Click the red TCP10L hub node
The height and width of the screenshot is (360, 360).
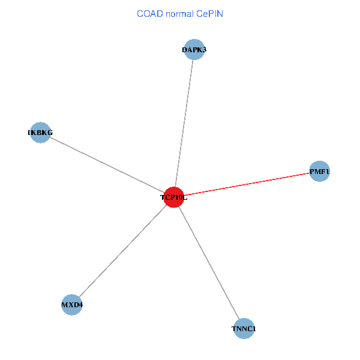(x=173, y=197)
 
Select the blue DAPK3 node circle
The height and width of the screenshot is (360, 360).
(x=194, y=50)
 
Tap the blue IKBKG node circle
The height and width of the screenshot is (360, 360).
(x=40, y=132)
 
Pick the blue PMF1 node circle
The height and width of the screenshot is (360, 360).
(x=319, y=172)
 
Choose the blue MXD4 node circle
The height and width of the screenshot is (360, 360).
(x=72, y=305)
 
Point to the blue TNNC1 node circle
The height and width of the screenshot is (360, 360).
(x=244, y=328)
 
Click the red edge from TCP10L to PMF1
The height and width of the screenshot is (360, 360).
(x=246, y=184)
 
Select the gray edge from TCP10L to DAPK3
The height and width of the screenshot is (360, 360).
(x=184, y=123)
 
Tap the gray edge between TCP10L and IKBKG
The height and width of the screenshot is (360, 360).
(x=107, y=164)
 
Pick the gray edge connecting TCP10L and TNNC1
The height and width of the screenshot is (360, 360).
(x=208, y=262)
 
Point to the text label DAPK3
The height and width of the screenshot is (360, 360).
(x=194, y=50)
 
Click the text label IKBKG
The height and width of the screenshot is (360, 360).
(x=40, y=132)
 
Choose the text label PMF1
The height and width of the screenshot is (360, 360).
(x=319, y=172)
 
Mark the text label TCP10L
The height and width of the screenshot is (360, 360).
(x=173, y=197)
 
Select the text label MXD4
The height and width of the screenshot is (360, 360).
(x=72, y=305)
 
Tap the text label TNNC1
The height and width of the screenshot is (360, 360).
(x=244, y=329)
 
